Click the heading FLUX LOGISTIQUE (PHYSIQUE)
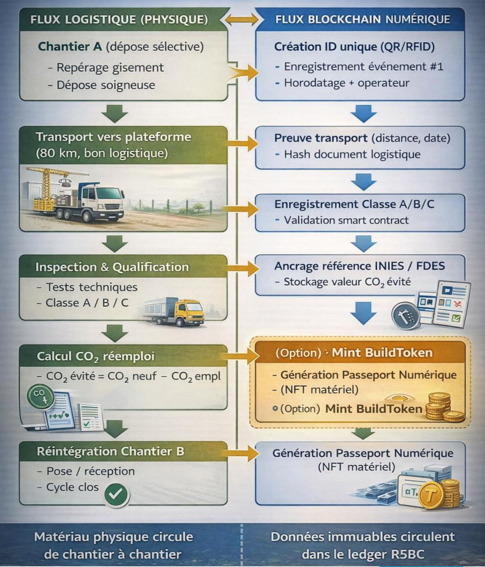[119, 20]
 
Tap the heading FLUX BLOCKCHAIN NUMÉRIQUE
[362, 20]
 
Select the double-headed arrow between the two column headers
[241, 20]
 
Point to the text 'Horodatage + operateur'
[346, 83]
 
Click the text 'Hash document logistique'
[352, 154]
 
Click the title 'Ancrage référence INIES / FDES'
[360, 266]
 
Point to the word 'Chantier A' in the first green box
[70, 47]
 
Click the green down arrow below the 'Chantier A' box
[115, 113]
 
